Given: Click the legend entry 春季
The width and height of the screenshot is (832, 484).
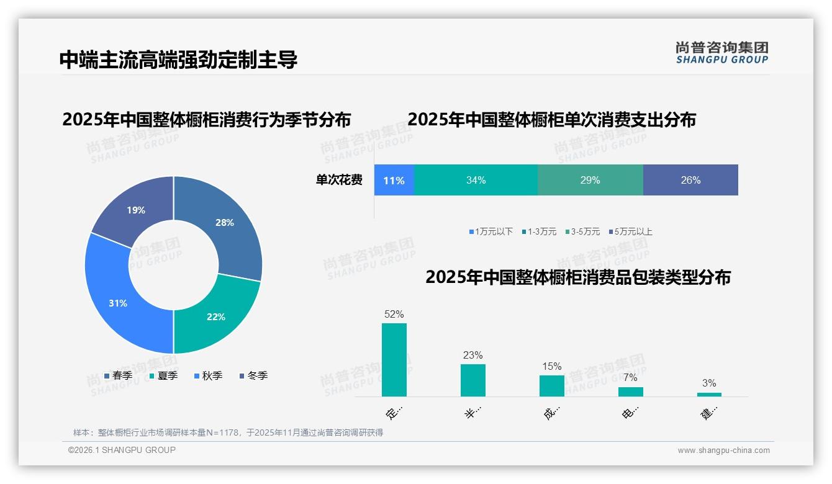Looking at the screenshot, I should point(119,375).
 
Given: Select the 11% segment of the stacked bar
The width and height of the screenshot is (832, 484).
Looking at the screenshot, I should point(394,181).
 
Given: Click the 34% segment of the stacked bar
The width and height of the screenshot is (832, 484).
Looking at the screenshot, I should point(476,181).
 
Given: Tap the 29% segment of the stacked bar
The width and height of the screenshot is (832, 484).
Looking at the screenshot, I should point(590,181).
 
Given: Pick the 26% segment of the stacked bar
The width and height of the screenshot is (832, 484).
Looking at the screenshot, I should point(690,181).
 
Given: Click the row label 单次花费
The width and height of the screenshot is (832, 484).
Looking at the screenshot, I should point(339,181).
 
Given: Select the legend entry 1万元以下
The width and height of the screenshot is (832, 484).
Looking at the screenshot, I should point(491,231).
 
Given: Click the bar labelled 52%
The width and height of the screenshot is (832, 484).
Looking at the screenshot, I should point(394,360).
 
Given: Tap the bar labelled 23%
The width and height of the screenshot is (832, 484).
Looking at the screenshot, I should point(473,380).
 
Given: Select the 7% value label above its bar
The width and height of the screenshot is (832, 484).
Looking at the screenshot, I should point(630,377).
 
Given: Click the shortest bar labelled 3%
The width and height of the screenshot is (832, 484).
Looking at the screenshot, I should point(709,394).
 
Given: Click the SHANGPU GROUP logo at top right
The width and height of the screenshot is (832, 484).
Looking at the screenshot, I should point(721,53).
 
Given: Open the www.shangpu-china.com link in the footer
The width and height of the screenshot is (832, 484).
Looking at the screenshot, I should point(723,450).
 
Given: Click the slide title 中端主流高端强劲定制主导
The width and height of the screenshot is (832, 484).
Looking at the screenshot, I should point(178,60).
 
